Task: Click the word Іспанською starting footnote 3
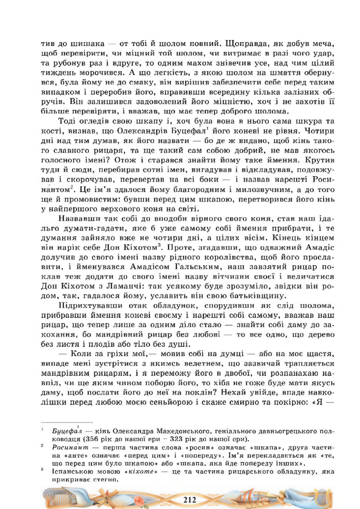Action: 73,472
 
